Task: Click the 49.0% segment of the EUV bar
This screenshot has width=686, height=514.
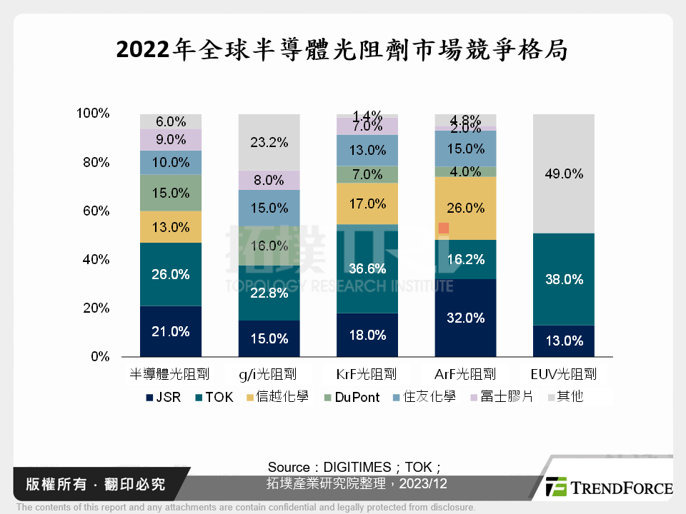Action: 564,173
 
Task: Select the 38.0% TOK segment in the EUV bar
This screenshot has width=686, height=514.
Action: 564,279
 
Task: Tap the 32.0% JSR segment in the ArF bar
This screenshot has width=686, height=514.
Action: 465,318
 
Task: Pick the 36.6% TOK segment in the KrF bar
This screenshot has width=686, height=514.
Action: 367,269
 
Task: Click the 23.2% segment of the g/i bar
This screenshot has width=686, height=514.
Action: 269,142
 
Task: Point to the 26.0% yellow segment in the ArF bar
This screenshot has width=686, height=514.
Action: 465,208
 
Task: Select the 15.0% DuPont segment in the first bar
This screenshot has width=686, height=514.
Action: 171,193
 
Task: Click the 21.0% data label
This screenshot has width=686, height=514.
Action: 171,331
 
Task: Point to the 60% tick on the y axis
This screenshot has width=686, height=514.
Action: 94,211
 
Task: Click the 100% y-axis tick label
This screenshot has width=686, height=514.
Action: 92,114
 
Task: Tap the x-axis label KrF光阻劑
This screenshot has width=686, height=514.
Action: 367,374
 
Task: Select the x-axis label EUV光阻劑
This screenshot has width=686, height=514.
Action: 564,374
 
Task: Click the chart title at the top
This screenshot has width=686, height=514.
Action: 342,51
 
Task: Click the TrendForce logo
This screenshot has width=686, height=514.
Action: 608,488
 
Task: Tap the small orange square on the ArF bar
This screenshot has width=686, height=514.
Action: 444,228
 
